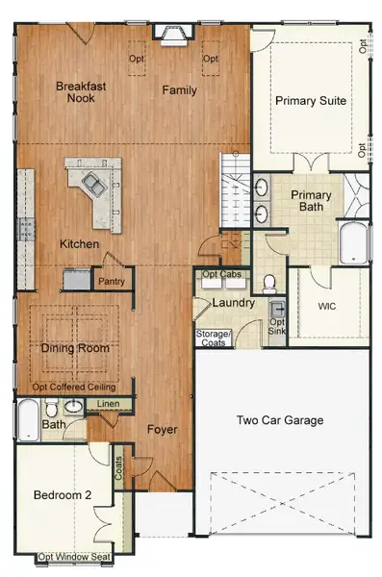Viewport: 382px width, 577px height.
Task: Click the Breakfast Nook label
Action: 80,91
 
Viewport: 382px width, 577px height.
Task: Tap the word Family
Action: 179,90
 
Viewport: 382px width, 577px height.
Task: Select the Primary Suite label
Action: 311,100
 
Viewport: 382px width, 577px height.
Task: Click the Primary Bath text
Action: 311,202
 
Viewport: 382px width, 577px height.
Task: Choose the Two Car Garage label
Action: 280,420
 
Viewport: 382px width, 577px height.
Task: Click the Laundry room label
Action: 234,303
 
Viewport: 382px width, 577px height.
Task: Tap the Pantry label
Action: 112,281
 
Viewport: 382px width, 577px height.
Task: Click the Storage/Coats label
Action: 213,338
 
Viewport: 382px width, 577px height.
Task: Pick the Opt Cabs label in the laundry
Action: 221,275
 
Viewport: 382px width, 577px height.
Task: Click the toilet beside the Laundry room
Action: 269,282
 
